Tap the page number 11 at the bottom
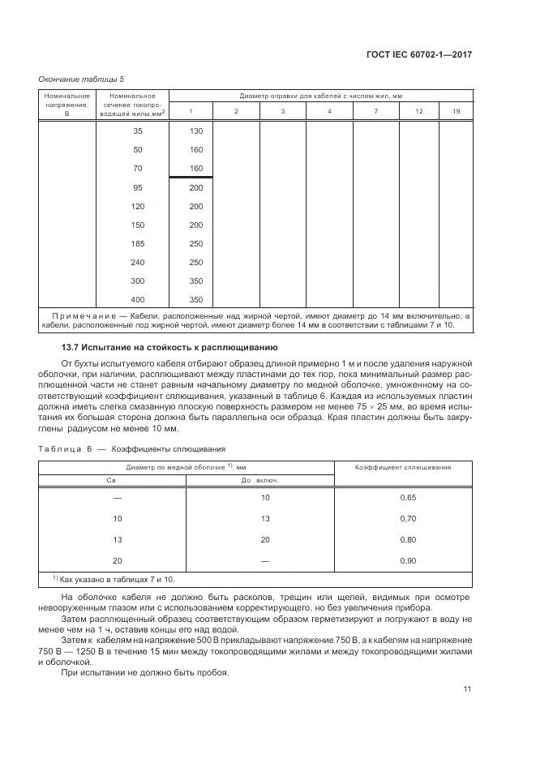click(467, 689)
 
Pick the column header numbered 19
click(457, 110)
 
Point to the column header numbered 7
click(375, 110)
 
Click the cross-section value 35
click(136, 131)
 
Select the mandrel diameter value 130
click(195, 131)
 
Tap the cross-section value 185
click(136, 243)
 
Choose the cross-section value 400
click(136, 299)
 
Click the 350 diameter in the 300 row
click(195, 281)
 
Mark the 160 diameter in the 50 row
click(195, 150)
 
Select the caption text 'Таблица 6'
click(66, 448)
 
